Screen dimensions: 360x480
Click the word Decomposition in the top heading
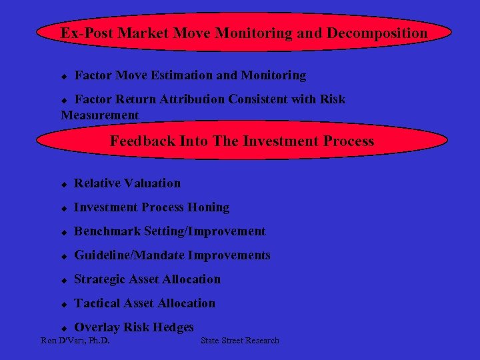[x=377, y=33]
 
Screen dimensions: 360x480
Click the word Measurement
[x=100, y=115]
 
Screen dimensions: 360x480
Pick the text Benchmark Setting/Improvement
[x=169, y=231]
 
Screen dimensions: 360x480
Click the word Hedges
[x=173, y=327]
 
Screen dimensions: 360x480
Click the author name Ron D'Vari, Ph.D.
[x=75, y=341]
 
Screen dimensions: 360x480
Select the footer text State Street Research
[x=240, y=341]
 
